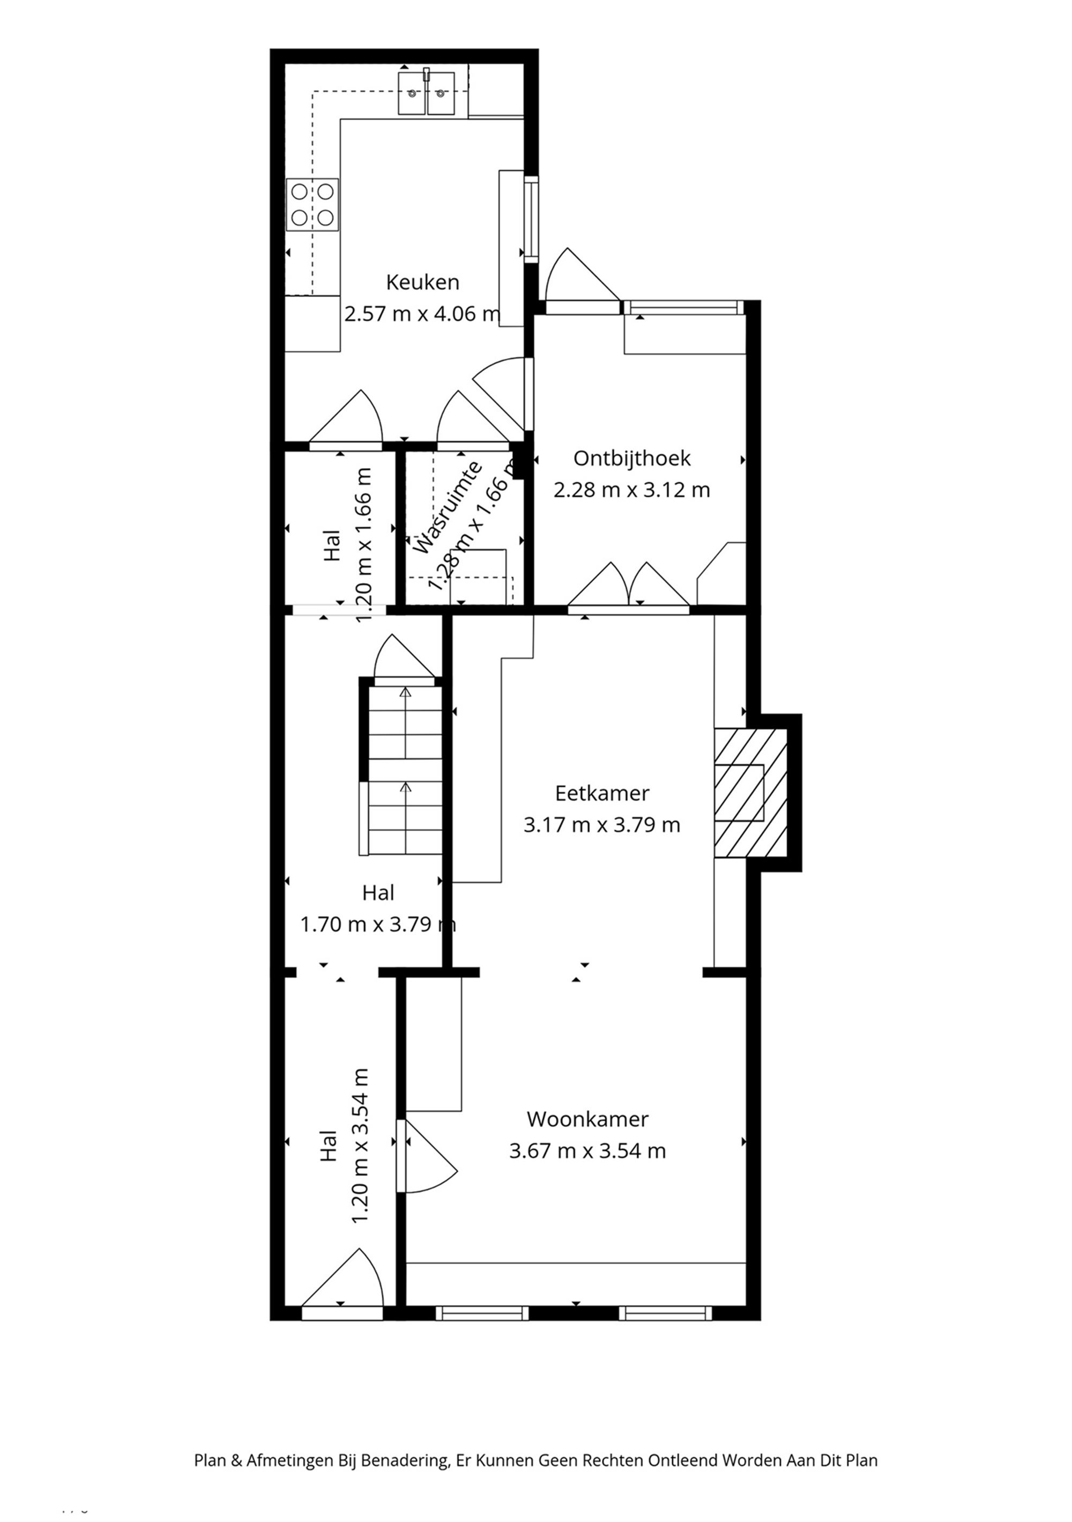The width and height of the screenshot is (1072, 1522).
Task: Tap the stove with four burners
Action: click(x=312, y=205)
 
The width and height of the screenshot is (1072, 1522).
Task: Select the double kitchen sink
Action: click(x=426, y=93)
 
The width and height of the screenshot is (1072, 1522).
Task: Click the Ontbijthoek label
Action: click(x=631, y=458)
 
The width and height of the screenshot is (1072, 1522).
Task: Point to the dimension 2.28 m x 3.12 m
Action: click(x=631, y=490)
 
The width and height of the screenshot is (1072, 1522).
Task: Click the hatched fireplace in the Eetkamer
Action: click(x=750, y=793)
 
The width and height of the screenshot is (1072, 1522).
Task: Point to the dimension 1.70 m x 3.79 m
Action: click(x=378, y=924)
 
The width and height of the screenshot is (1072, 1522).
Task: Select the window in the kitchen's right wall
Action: click(x=531, y=219)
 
